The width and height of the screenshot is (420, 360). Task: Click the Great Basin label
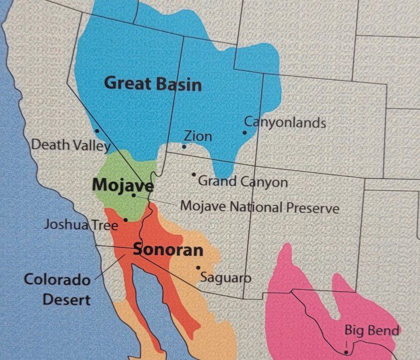tap(152, 84)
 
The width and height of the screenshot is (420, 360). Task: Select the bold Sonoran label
tap(168, 250)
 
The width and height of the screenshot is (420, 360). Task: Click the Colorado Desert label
tap(57, 289)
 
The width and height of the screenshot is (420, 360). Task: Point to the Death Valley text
tap(70, 145)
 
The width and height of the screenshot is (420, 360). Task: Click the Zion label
tap(198, 136)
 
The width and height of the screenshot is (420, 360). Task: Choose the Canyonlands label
tap(285, 123)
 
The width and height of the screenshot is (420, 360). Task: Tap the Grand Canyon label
tap(243, 182)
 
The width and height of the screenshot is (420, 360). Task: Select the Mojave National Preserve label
tap(259, 208)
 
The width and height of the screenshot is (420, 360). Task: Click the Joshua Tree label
tap(81, 224)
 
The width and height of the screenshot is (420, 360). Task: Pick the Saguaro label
tap(225, 277)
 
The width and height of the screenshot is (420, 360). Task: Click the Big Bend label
tap(372, 329)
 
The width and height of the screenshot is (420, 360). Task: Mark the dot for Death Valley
tap(96, 131)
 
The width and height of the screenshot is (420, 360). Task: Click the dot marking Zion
tap(184, 146)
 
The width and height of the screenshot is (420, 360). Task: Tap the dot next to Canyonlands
tap(245, 132)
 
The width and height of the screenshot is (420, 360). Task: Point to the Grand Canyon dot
tap(194, 174)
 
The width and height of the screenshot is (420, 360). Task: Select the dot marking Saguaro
tap(198, 268)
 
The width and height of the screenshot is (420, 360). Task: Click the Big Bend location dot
tap(346, 351)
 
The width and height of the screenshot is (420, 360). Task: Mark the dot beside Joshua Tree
tap(125, 219)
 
